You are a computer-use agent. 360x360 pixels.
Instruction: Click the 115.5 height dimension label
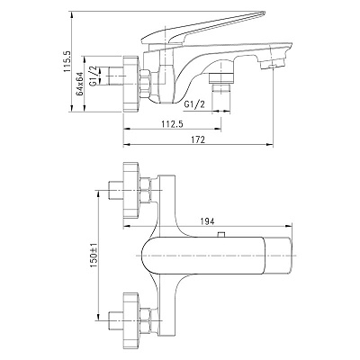(67, 61)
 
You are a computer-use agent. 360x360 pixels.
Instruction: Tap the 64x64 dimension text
(79, 84)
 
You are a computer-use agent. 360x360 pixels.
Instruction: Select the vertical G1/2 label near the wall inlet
(94, 76)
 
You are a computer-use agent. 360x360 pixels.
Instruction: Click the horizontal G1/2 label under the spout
(194, 104)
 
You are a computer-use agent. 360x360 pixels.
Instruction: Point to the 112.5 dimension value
(173, 123)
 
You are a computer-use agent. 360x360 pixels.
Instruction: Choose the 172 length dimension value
(198, 139)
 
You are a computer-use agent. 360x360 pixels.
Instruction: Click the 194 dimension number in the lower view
(207, 221)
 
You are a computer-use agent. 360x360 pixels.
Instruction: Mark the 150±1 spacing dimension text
(94, 256)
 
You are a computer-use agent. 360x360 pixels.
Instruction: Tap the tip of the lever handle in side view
(264, 13)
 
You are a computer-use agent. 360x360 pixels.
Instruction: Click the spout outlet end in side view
(272, 64)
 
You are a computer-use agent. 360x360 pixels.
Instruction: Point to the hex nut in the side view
(146, 84)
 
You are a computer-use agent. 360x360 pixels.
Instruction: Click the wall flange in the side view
(130, 84)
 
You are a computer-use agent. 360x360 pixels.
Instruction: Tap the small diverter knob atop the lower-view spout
(221, 235)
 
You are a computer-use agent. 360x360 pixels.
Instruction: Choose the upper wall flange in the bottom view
(131, 190)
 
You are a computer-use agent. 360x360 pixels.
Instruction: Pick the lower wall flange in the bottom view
(131, 322)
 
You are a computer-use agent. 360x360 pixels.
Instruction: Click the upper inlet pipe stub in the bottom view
(115, 190)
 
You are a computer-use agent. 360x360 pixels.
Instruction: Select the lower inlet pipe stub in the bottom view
(115, 322)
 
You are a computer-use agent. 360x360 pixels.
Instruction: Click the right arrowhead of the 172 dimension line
(270, 145)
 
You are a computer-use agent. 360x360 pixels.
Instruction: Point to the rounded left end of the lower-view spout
(144, 256)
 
